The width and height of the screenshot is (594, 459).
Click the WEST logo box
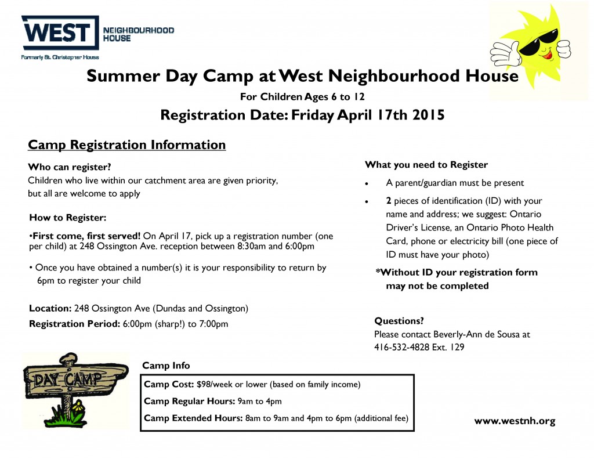[60, 32]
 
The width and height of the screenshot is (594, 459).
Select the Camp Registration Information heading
[127, 145]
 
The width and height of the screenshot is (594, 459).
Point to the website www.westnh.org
[515, 421]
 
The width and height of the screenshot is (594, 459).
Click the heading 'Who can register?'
[70, 167]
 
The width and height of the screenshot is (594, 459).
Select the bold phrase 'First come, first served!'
[86, 236]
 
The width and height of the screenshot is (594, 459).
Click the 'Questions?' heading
[399, 321]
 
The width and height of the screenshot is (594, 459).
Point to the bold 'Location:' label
[50, 309]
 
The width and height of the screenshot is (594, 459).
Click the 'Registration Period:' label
[75, 324]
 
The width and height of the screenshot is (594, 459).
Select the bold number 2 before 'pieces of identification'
[389, 201]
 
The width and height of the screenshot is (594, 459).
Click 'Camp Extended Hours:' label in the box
[193, 418]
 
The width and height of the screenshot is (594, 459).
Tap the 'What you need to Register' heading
[426, 165]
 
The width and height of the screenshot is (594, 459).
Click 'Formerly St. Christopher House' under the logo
[60, 57]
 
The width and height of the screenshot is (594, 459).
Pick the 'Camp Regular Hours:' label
[190, 402]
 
